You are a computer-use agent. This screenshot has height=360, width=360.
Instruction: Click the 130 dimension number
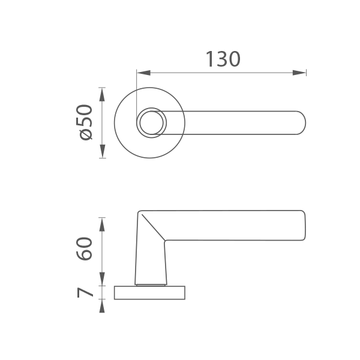[223, 59]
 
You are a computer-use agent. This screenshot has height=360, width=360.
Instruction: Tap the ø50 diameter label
[84, 122]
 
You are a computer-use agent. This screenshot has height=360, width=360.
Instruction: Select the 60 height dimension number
[84, 249]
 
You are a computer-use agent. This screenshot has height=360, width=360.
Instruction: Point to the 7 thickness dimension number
[85, 293]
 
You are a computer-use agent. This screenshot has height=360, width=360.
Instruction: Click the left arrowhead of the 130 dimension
[143, 73]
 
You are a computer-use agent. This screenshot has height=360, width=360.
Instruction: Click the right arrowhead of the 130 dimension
[299, 73]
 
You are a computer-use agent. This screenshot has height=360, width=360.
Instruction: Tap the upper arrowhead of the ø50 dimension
[102, 95]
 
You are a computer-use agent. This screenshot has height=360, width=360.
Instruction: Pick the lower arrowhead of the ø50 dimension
[102, 151]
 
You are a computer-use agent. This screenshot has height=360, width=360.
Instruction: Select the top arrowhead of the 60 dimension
[102, 224]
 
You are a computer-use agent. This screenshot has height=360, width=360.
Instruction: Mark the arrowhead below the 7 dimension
[102, 306]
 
